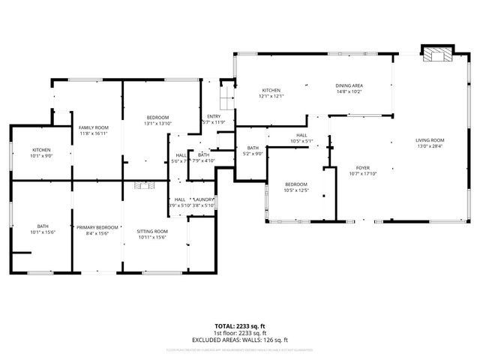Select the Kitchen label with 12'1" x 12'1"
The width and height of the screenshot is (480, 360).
click(x=271, y=91)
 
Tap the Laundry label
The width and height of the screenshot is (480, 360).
click(x=204, y=199)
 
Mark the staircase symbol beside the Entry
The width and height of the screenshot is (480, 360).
click(x=223, y=96)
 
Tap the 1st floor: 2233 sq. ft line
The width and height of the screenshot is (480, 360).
click(x=240, y=332)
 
